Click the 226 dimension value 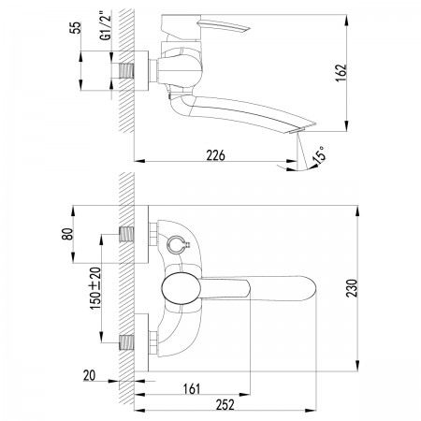pos(215,155)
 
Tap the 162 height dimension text pos(342,73)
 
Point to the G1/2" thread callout pos(106,26)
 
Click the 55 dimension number pos(75,27)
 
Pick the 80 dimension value pos(67,234)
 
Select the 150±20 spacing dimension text pos(95,288)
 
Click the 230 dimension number pos(352,288)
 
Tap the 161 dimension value pos(192,389)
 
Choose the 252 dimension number pos(225,405)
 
